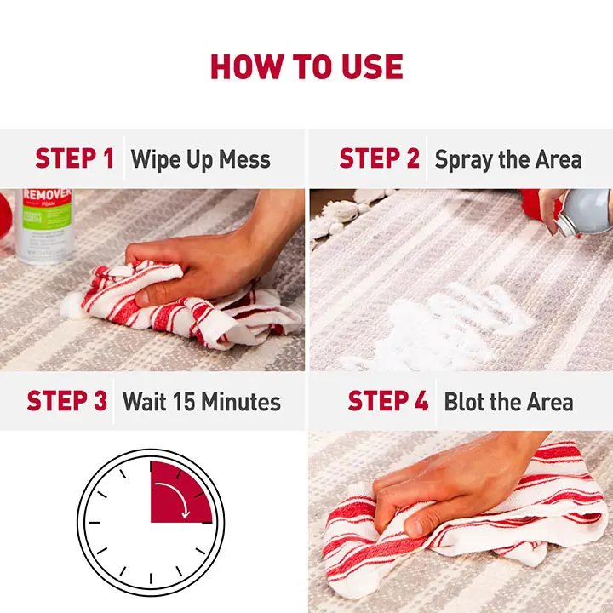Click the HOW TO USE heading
click(x=306, y=67)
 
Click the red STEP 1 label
click(x=74, y=158)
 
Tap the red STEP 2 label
click(x=379, y=158)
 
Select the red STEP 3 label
click(x=66, y=401)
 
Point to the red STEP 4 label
click(x=387, y=401)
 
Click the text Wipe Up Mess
click(x=200, y=159)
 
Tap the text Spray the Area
click(x=508, y=159)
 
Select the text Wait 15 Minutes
click(x=201, y=402)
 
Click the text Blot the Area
click(x=508, y=402)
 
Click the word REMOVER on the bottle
click(x=48, y=195)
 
